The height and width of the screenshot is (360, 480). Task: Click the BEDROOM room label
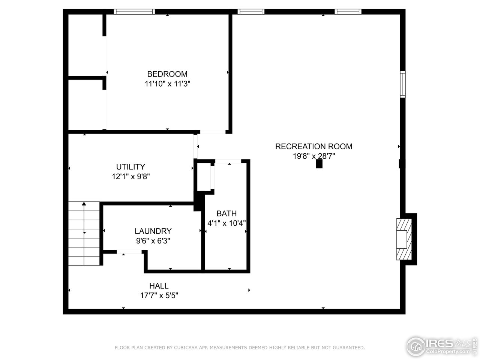pos(167,74)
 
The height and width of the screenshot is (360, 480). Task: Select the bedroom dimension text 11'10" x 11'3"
pos(168,84)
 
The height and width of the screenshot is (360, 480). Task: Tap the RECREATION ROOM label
pos(313,146)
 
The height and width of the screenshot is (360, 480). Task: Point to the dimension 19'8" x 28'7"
pos(313,156)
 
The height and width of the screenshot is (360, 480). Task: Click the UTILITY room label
pos(130,167)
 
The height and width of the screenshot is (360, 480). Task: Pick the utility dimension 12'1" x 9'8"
pos(131,176)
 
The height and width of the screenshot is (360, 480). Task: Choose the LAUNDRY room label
pos(153,231)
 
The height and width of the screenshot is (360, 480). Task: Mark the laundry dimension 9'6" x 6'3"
pos(153,241)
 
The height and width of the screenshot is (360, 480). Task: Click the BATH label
pos(226,213)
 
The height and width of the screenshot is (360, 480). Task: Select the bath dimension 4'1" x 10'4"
pos(226,223)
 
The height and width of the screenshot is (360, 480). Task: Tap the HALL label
pos(159,286)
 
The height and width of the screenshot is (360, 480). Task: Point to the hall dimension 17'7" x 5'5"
pos(159,295)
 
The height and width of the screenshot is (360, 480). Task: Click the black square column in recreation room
pos(319,164)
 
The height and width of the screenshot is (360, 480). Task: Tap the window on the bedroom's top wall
pos(134,12)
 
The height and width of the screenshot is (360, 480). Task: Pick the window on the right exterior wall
pos(402,84)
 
